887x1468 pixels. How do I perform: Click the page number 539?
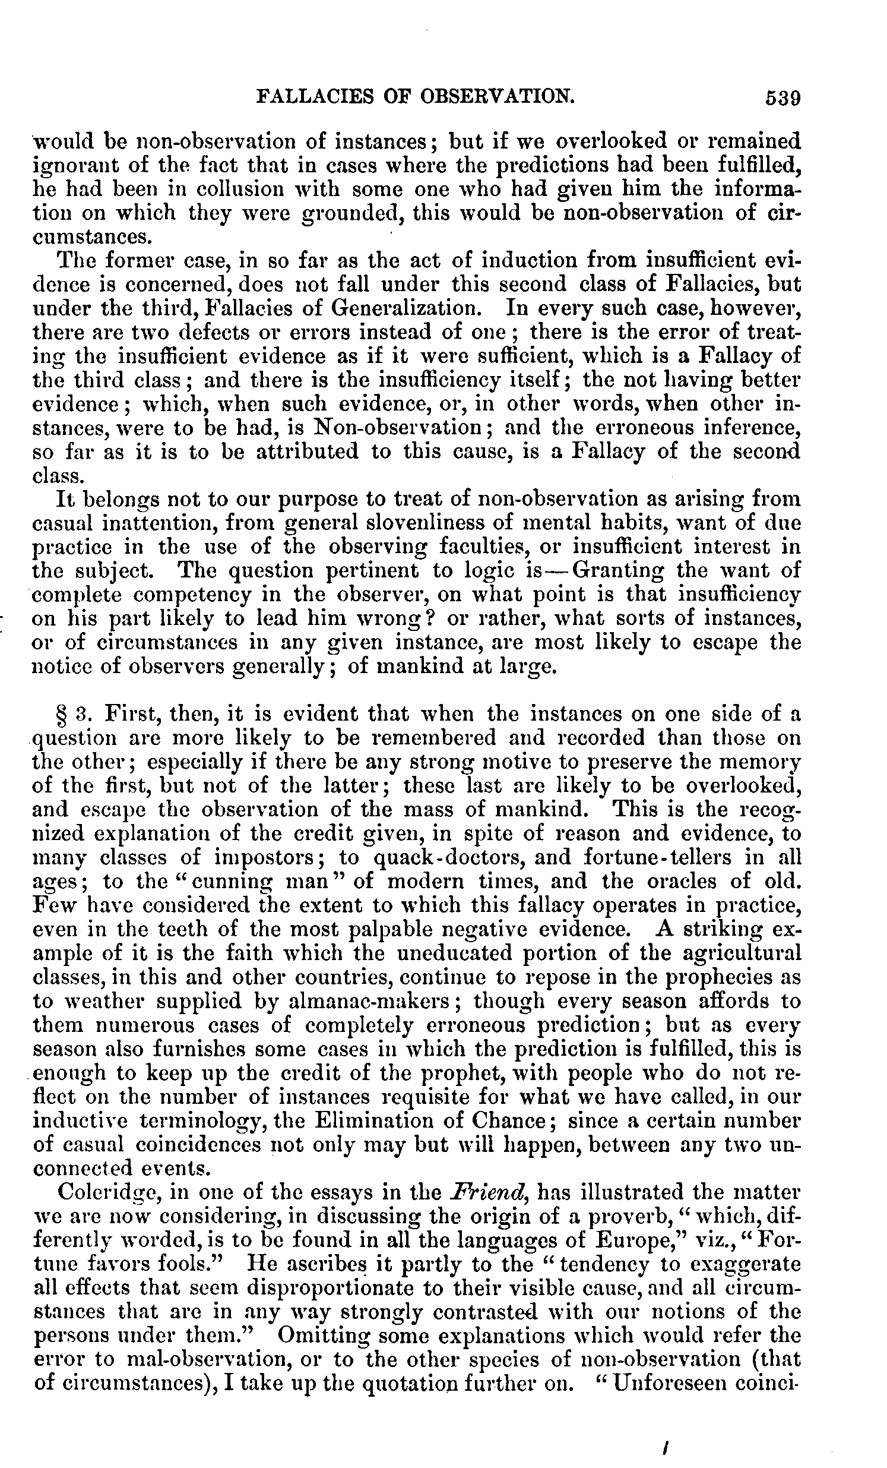click(x=783, y=97)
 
